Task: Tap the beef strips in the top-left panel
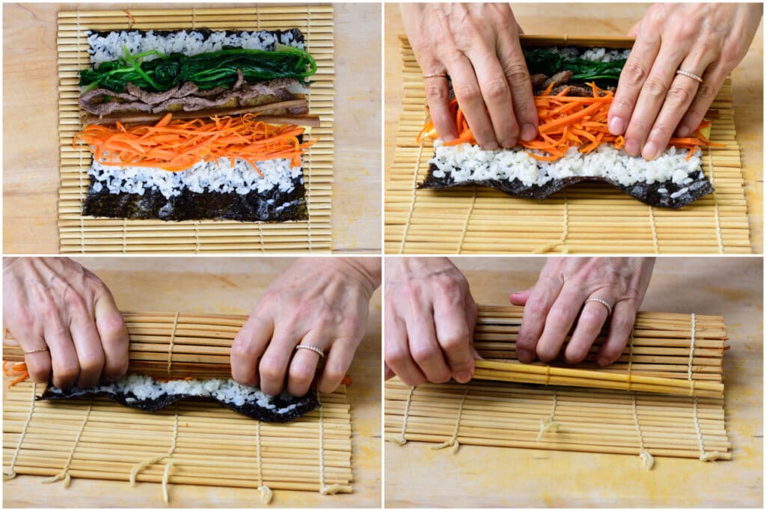click(187, 96)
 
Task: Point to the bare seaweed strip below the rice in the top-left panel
click(194, 204)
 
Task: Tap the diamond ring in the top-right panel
click(689, 76)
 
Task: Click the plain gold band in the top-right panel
click(435, 76)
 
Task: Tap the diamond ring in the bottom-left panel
click(310, 349)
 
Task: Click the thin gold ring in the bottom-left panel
click(35, 349)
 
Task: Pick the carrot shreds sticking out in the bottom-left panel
click(15, 370)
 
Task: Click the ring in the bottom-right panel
click(598, 303)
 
